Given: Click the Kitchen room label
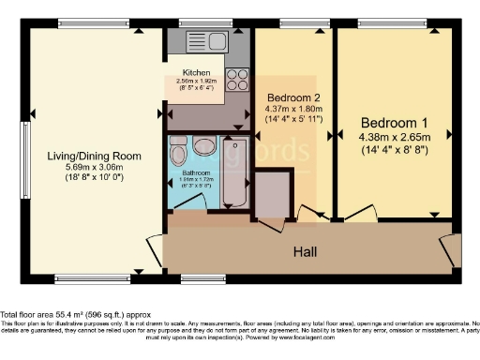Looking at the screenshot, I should click(x=195, y=71).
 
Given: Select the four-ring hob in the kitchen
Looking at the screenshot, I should click(x=236, y=79).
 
